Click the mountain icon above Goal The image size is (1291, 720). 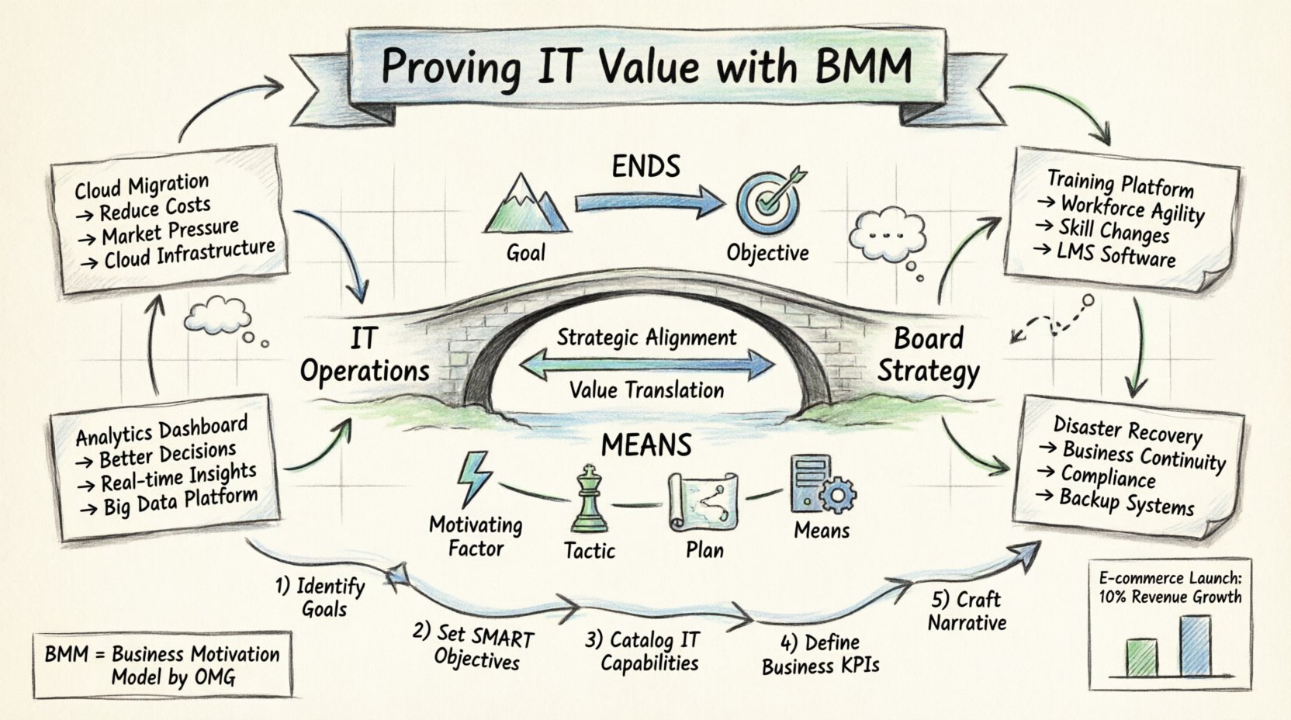(x=526, y=205)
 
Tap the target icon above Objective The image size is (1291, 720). (x=769, y=201)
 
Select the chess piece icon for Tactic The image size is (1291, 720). (x=590, y=500)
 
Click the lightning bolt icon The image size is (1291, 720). (x=472, y=479)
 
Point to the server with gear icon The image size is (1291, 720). (x=821, y=486)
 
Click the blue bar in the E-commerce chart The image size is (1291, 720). (x=1195, y=646)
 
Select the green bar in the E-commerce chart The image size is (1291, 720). (x=1141, y=658)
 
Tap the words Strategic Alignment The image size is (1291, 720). (x=646, y=337)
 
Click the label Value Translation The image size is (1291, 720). (x=646, y=390)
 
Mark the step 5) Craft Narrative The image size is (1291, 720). (x=966, y=611)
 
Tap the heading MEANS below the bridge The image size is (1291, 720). (x=645, y=445)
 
